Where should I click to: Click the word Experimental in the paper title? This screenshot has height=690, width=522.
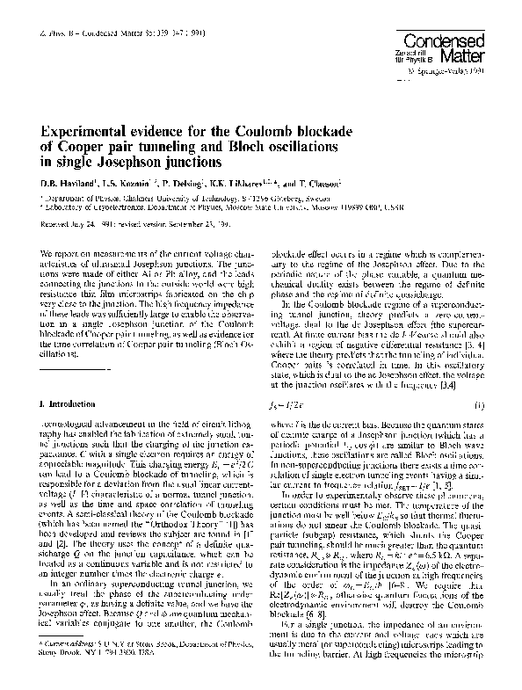88,132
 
